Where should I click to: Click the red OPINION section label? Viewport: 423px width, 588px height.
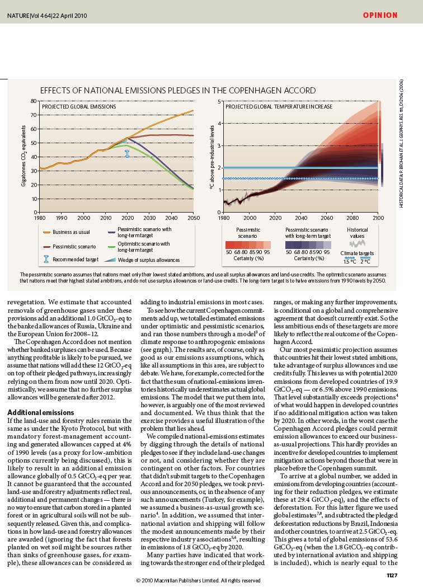[x=380, y=15]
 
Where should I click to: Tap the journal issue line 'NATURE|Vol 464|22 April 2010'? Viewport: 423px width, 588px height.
[x=47, y=16]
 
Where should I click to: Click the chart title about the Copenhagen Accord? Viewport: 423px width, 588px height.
[x=178, y=91]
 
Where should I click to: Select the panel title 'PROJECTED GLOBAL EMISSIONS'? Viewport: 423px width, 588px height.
[x=79, y=106]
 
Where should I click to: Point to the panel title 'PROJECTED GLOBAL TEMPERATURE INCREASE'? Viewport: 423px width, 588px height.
[x=279, y=106]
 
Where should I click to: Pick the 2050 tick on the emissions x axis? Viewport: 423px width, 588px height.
[x=194, y=218]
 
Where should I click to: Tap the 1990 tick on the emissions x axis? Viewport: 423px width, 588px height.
[x=62, y=218]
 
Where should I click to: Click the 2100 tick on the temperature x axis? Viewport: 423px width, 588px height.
[x=378, y=218]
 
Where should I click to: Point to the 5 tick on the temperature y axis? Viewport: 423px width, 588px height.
[x=219, y=102]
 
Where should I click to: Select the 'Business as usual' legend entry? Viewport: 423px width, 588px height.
[x=67, y=232]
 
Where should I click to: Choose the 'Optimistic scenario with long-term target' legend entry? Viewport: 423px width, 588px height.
[x=138, y=247]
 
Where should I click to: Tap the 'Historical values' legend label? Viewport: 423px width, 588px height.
[x=357, y=233]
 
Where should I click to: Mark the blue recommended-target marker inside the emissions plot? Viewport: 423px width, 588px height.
[x=127, y=154]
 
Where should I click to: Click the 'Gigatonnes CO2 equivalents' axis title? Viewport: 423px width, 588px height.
[x=23, y=156]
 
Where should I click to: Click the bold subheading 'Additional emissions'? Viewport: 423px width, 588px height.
[x=41, y=412]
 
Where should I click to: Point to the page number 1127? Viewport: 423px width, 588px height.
[x=392, y=575]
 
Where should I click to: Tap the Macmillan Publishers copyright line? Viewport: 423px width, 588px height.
[x=198, y=581]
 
